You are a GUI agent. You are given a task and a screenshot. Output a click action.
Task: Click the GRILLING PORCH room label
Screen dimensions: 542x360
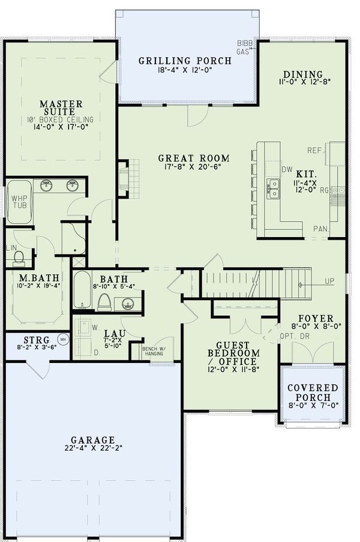click(x=185, y=61)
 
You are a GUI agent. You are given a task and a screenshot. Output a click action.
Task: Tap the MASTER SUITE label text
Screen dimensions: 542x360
click(x=61, y=107)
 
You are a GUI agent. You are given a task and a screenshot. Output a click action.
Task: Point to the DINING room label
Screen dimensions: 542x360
click(x=302, y=74)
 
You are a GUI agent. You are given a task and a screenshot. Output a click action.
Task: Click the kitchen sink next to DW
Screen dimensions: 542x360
click(x=273, y=188)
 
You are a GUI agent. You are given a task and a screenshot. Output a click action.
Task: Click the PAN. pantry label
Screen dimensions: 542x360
click(x=319, y=229)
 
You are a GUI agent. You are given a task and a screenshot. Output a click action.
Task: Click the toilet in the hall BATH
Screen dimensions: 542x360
click(x=104, y=302)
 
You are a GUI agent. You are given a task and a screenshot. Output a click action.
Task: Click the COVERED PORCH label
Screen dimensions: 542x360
click(x=312, y=393)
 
